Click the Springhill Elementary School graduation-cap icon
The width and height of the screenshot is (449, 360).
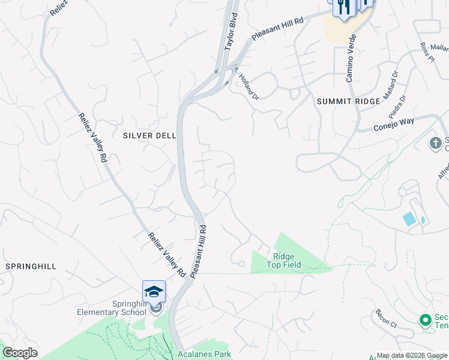pyautogui.click(x=154, y=292)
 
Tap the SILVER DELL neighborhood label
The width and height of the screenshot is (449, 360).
pyautogui.click(x=149, y=136)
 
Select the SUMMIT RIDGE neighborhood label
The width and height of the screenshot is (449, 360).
pyautogui.click(x=348, y=101)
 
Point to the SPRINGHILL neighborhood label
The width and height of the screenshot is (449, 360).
pyautogui.click(x=30, y=265)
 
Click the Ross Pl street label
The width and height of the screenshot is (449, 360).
pyautogui.click(x=427, y=52)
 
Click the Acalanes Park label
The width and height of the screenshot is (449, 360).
pyautogui.click(x=205, y=355)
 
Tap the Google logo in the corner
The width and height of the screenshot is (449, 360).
pyautogui.click(x=19, y=353)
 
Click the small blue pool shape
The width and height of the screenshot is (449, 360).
pyautogui.click(x=409, y=218)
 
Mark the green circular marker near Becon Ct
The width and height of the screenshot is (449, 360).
pyautogui.click(x=426, y=320)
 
